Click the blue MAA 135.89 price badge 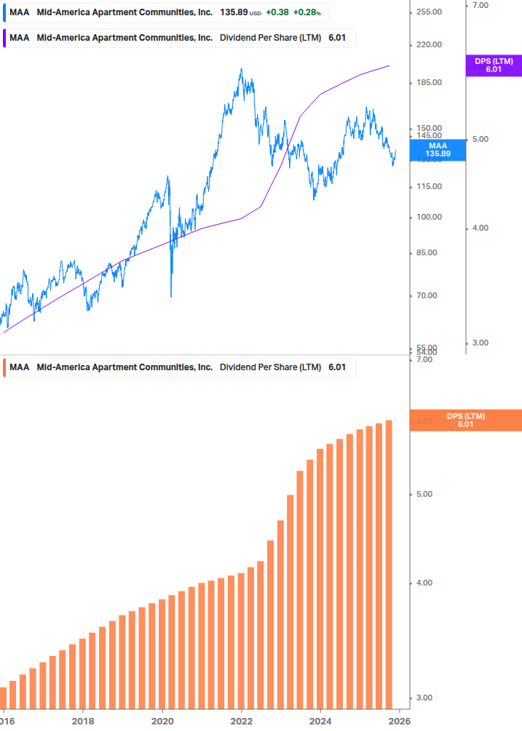[x=438, y=150]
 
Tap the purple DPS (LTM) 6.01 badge [x=493, y=65]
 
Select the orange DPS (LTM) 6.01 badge [x=465, y=420]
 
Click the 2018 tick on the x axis [x=83, y=721]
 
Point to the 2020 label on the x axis [x=162, y=721]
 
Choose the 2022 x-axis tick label [x=241, y=721]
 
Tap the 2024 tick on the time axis [x=320, y=721]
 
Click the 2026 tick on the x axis [x=399, y=721]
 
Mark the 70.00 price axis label [x=430, y=296]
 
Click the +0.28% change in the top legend [x=307, y=13]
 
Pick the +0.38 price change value [x=277, y=13]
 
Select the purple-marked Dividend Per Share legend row [x=178, y=38]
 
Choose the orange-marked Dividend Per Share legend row [x=178, y=367]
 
